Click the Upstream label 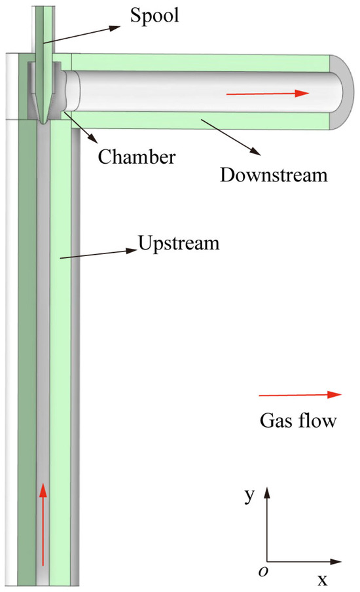tap(178, 244)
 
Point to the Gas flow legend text tap(298, 420)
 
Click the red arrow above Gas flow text tap(300, 395)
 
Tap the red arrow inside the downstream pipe tap(266, 94)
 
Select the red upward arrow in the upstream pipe tap(43, 524)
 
